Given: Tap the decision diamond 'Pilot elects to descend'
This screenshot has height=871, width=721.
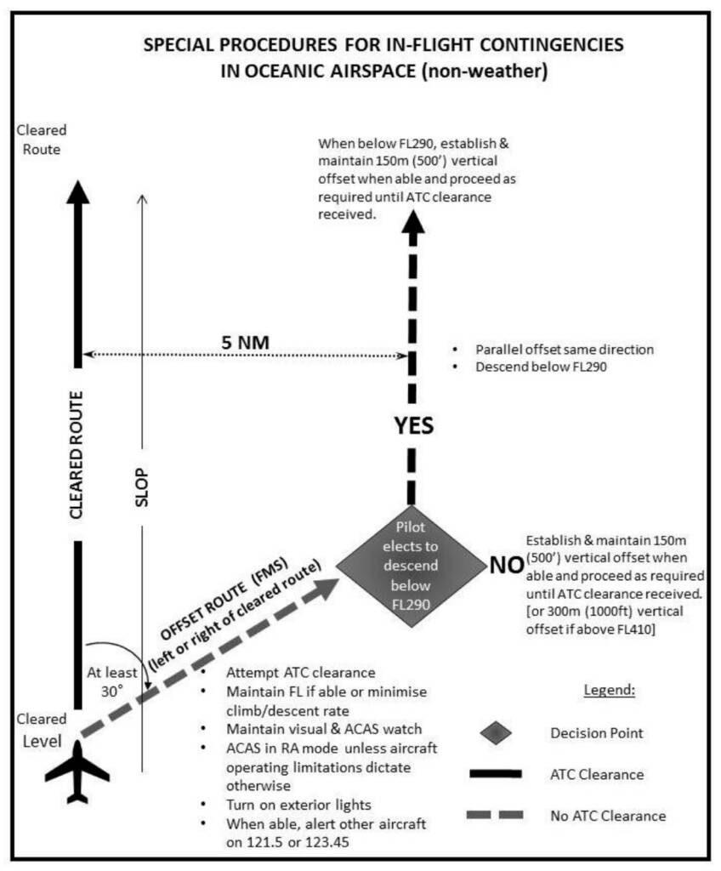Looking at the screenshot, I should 412,566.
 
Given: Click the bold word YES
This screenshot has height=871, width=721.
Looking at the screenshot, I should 413,425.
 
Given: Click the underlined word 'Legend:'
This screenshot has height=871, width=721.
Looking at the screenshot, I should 610,691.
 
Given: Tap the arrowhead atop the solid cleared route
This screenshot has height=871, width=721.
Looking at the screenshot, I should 78,193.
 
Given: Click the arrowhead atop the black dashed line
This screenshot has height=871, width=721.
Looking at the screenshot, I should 413,223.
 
